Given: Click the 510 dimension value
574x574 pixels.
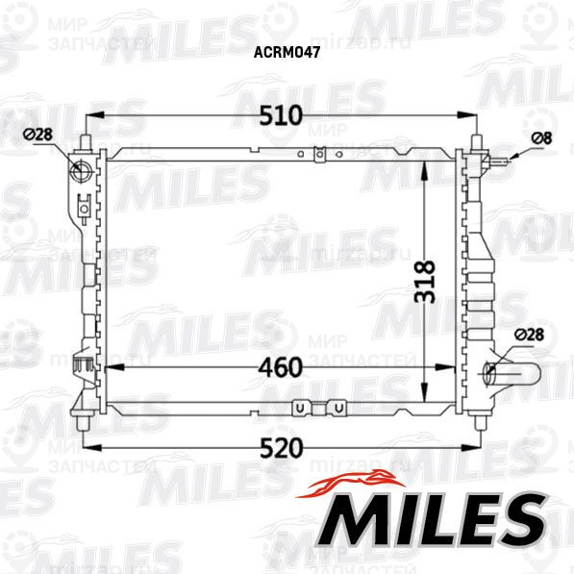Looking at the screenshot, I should click(282, 115).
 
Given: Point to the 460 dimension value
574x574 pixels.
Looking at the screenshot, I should click(281, 366).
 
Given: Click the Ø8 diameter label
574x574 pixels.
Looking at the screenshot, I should click(543, 137).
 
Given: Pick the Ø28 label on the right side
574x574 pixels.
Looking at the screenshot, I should click(530, 335).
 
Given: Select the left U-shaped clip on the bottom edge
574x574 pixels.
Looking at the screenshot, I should click(301, 408).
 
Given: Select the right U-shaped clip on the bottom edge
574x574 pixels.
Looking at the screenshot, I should click(338, 408).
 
